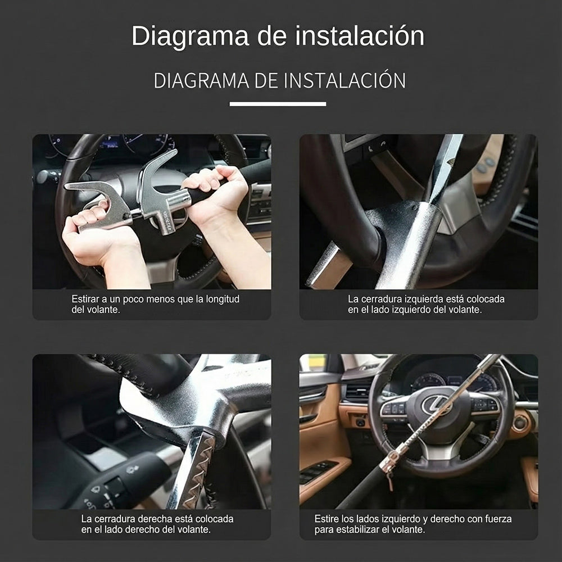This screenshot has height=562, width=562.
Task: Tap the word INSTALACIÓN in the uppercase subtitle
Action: pos(344,80)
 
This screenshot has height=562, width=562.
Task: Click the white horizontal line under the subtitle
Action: pos(278,104)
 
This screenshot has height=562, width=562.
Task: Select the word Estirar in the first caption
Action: pos(87,299)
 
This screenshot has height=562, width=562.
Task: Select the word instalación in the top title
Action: pos(360,37)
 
